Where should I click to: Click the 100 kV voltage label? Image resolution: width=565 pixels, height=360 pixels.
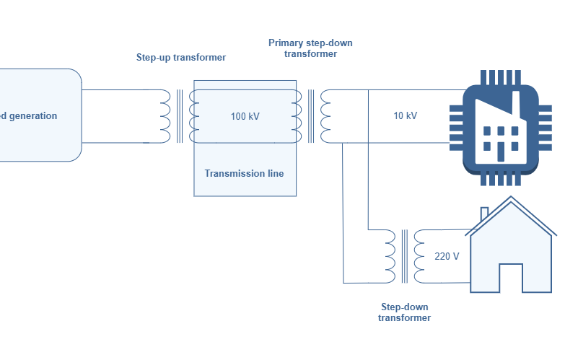(x=245, y=116)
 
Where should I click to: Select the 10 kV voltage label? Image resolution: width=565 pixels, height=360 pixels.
(x=405, y=116)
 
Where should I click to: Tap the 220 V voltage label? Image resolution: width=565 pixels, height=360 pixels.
(x=447, y=256)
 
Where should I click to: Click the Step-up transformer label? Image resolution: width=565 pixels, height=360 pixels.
(x=181, y=57)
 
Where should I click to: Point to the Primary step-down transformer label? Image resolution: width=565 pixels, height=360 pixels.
(x=310, y=48)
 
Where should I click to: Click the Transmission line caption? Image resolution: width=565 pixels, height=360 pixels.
(x=244, y=173)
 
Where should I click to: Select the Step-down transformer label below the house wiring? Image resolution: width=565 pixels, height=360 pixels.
(x=404, y=312)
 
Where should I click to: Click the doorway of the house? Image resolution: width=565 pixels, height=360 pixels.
(x=510, y=278)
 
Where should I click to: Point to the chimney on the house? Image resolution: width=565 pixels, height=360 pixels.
(x=485, y=214)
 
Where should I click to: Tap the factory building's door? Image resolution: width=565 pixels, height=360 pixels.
(x=500, y=149)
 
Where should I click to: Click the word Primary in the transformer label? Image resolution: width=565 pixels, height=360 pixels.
(x=286, y=43)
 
